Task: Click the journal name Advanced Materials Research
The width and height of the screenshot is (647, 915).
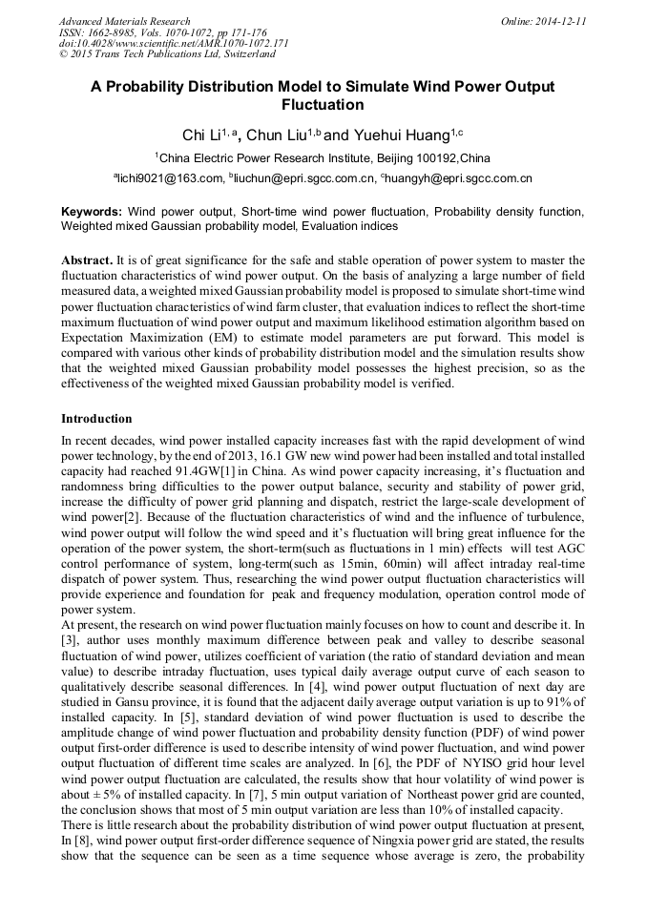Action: point(124,21)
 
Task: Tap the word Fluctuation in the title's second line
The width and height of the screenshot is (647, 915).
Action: point(323,105)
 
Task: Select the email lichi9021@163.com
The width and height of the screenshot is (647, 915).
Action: point(170,178)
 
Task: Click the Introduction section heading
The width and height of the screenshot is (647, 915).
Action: point(96,419)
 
